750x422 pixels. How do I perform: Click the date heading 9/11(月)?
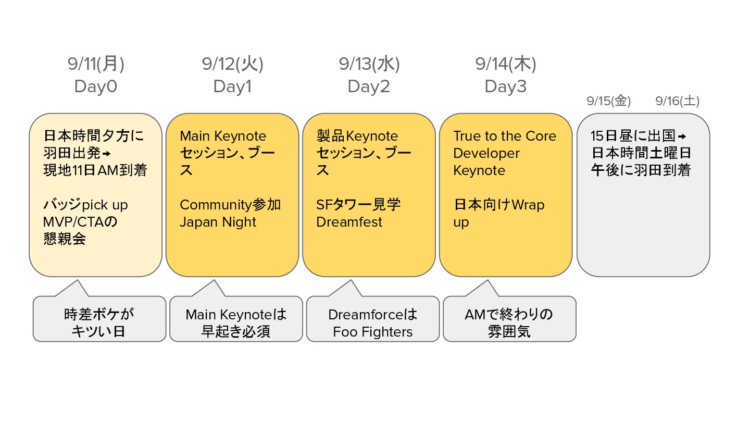(96, 64)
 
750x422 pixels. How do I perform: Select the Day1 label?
(232, 86)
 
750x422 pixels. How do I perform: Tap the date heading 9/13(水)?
(369, 64)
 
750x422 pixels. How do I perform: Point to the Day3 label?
(506, 86)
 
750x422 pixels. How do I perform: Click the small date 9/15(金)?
(608, 101)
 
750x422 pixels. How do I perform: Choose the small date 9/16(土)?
(677, 101)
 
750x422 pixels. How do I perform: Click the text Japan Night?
(218, 222)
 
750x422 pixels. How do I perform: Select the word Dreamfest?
(349, 222)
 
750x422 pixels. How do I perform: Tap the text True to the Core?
(505, 136)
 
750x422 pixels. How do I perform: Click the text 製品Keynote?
(357, 136)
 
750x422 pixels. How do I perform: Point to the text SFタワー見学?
(359, 205)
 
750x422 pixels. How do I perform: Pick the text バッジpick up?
(85, 205)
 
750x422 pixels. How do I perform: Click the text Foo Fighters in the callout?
(373, 332)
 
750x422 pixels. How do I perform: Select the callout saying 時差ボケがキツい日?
(99, 323)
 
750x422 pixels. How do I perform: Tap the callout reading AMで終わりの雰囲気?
(509, 323)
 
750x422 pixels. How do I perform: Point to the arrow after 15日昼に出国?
(682, 136)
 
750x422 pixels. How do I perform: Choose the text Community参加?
(230, 205)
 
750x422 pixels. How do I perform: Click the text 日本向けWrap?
(499, 205)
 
